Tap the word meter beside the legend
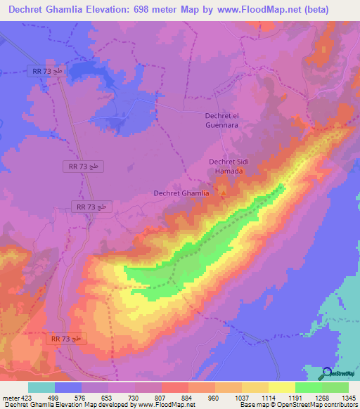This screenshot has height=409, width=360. (x=11, y=397)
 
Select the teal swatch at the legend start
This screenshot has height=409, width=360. (x=41, y=387)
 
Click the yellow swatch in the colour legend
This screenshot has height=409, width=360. (x=282, y=387)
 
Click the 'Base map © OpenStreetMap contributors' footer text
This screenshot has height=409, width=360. (x=295, y=405)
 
